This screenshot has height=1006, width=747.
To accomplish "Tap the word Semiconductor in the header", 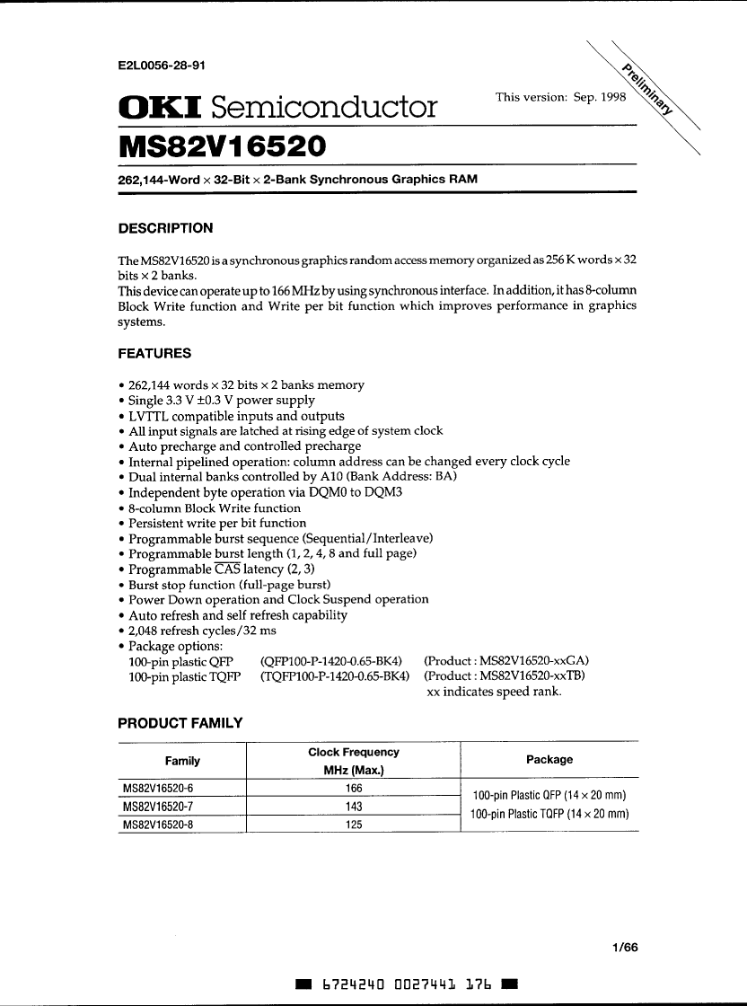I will pos(324,108).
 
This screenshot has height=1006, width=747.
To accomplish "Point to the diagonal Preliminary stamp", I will pos(647,90).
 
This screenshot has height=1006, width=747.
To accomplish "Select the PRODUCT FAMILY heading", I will pos(180,723).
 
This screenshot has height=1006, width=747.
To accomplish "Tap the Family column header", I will pos(182,761).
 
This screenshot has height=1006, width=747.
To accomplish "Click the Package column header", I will pos(549,760).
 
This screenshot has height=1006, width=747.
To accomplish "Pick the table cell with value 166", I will pos(354,788).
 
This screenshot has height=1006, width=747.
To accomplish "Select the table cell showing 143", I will pos(354,806).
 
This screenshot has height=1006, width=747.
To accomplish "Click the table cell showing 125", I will pos(354,824).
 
